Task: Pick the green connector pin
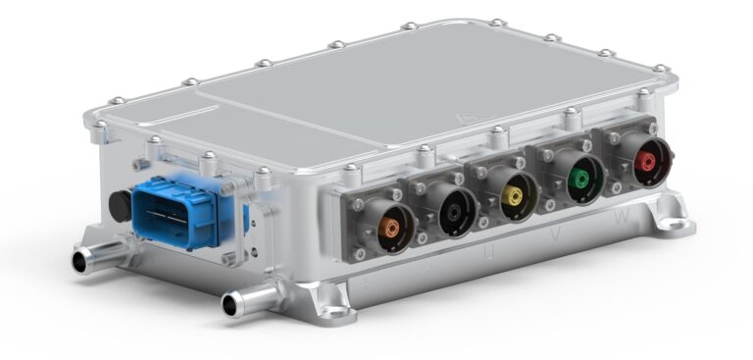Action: pyautogui.click(x=585, y=180)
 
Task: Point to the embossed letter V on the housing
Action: pyautogui.click(x=557, y=235)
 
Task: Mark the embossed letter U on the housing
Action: pyautogui.click(x=487, y=253)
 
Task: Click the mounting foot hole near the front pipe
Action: pyautogui.click(x=336, y=313)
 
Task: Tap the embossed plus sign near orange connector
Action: pyautogui.click(x=368, y=281)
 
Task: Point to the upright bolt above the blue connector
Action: pyautogui.click(x=208, y=158)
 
